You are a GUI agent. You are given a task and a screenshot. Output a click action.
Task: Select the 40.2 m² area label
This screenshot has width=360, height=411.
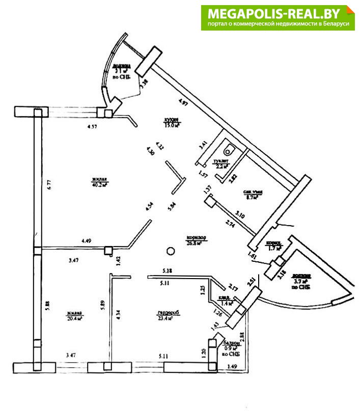(101, 185)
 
